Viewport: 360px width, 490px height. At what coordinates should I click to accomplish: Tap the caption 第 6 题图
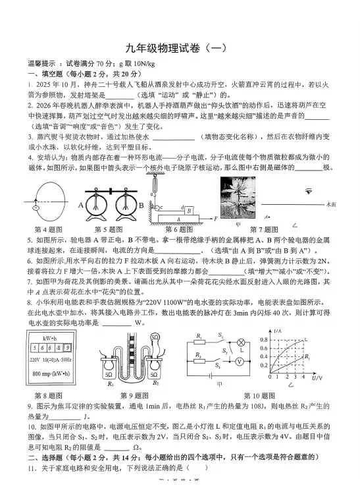point(179,229)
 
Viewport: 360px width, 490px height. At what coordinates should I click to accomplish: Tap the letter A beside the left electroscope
point(82,204)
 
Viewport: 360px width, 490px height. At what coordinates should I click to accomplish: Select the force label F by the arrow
point(216,218)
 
